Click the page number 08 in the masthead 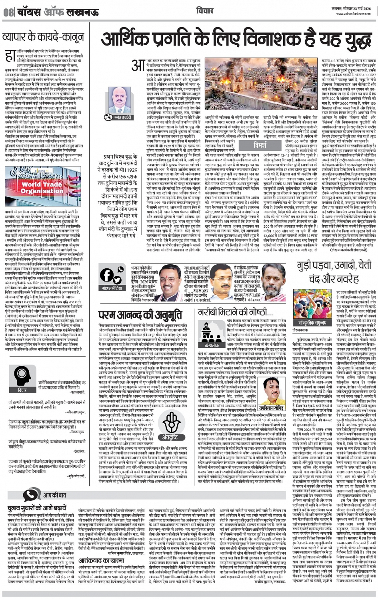point(8,12)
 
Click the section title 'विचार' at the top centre point(204,10)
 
